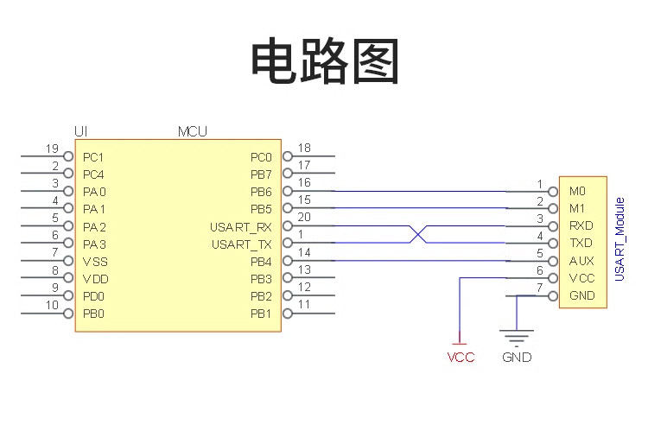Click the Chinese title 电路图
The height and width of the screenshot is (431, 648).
(325, 60)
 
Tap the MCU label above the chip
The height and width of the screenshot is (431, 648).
(192, 132)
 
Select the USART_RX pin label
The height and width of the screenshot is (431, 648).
(241, 228)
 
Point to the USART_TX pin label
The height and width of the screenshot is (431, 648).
(242, 245)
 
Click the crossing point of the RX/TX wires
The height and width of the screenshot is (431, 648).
(418, 234)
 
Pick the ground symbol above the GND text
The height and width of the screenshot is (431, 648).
(517, 337)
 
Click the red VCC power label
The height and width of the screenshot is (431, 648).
(461, 357)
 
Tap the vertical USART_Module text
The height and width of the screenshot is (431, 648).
(619, 239)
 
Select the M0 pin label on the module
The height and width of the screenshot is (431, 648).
(577, 191)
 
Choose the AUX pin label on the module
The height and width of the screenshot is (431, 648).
(581, 261)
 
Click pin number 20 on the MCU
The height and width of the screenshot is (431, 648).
(304, 217)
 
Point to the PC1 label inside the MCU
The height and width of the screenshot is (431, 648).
(93, 157)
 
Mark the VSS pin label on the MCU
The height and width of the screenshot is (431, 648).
(95, 262)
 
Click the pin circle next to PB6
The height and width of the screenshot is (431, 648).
(288, 191)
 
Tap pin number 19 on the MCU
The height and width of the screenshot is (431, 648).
(52, 149)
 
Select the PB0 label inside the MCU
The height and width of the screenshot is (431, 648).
(93, 314)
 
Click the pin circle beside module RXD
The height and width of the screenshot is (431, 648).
(553, 226)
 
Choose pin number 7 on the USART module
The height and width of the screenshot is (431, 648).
(540, 288)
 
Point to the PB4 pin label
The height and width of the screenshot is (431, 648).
(261, 262)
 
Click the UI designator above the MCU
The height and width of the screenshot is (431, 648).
(81, 132)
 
